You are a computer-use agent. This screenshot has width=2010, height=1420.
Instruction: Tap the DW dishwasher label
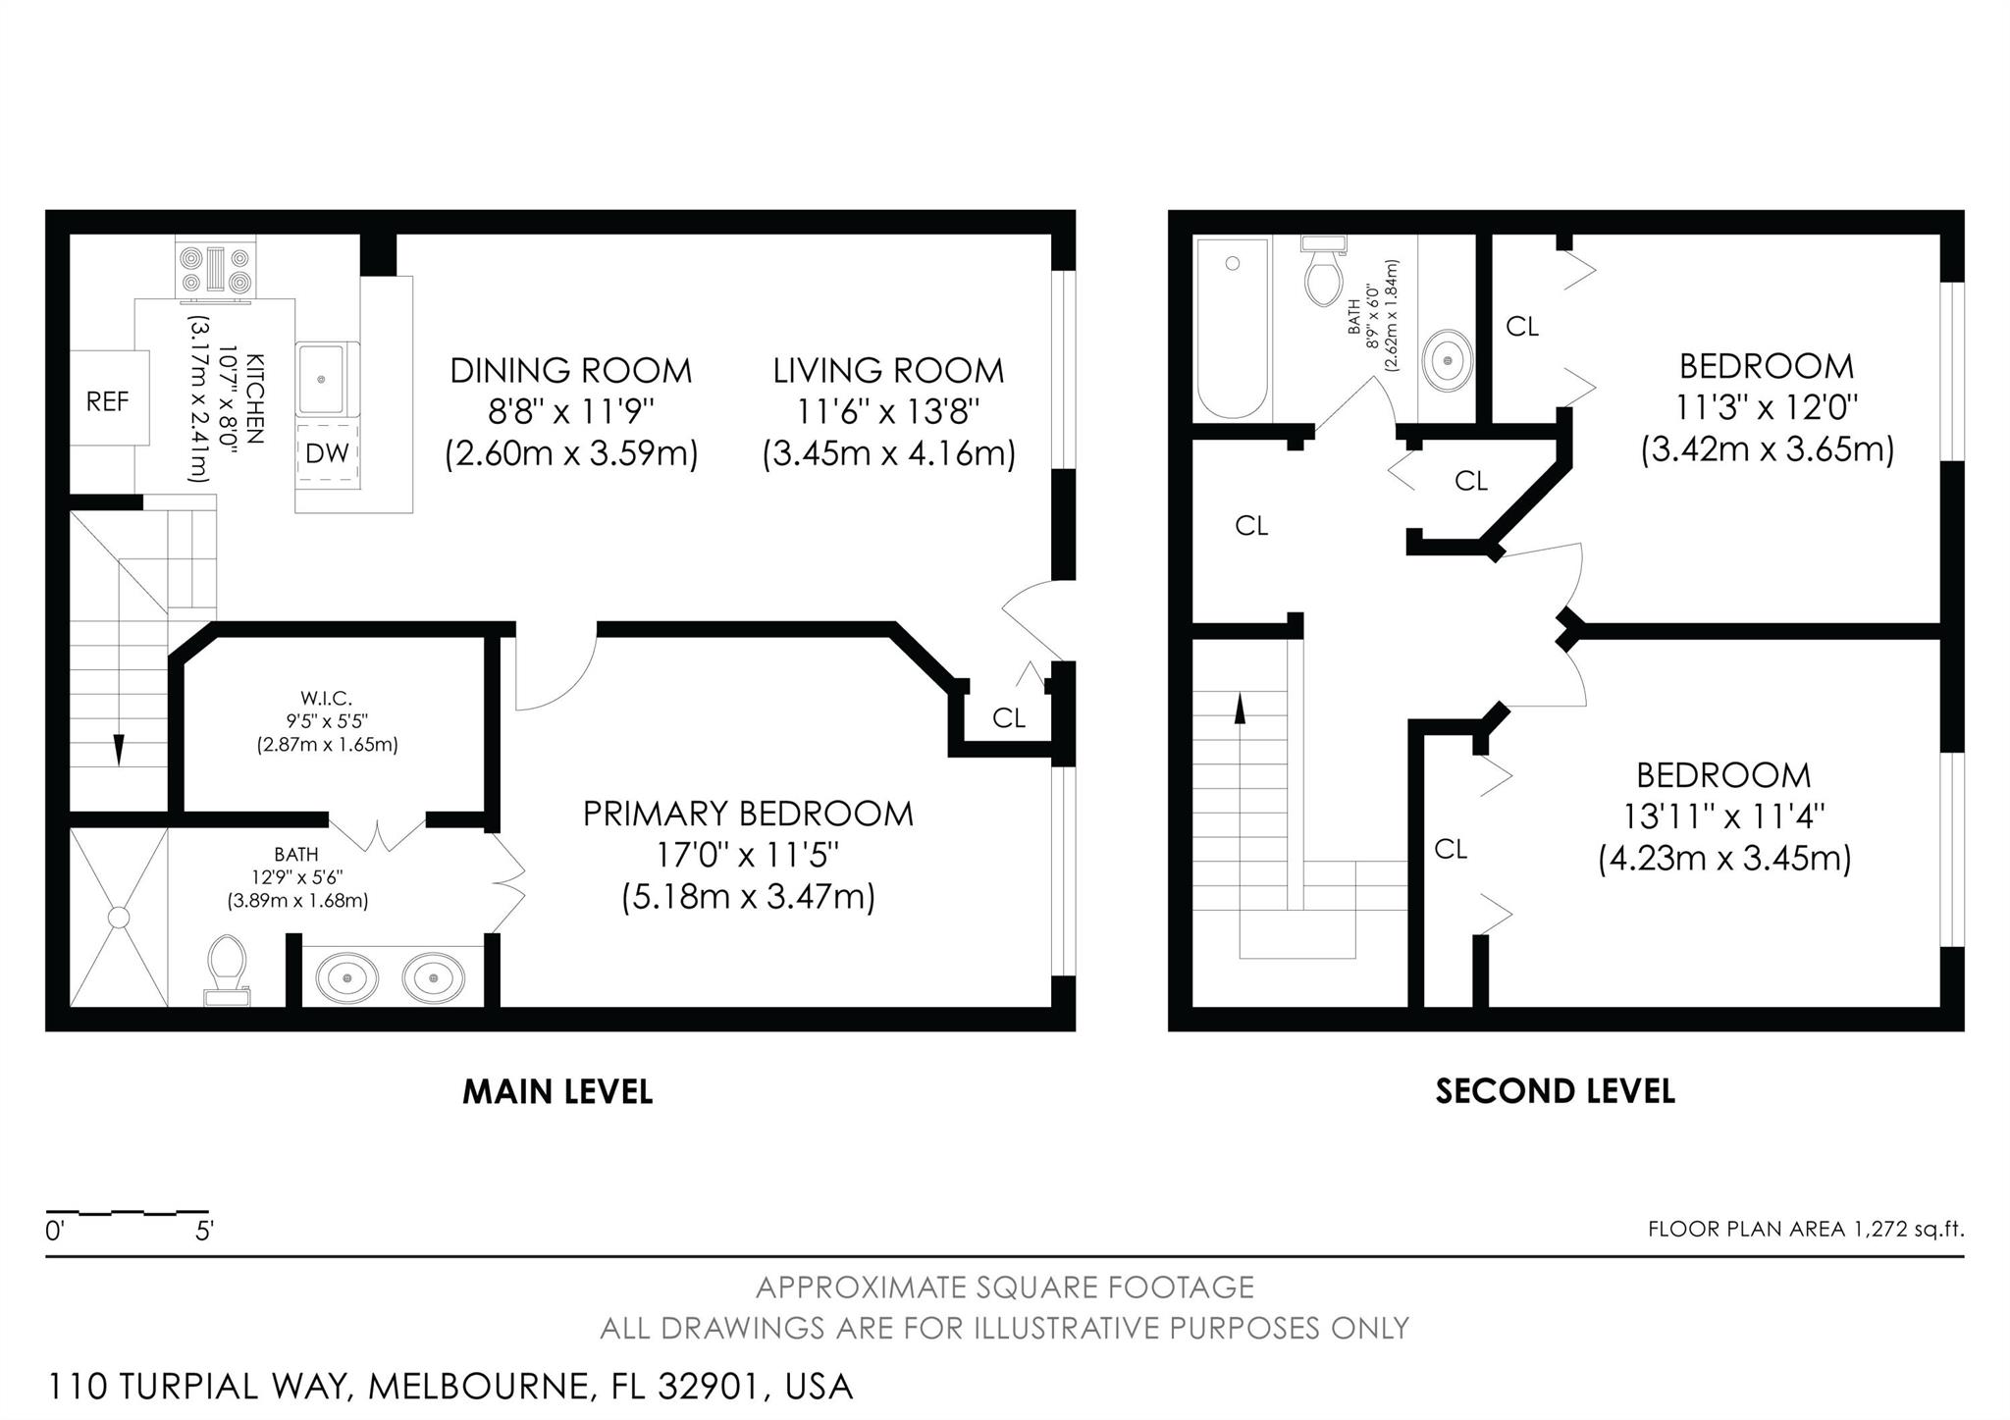327,452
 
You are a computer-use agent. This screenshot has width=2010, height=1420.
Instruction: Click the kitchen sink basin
321,378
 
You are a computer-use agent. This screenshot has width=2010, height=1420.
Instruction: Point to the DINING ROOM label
570,370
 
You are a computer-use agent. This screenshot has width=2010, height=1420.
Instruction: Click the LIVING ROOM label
888,370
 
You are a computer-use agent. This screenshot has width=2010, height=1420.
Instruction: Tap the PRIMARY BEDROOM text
748,814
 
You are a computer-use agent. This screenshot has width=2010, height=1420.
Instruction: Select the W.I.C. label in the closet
326,699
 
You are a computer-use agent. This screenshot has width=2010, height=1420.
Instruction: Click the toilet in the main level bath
227,967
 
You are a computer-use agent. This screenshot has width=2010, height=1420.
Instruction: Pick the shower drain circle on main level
119,918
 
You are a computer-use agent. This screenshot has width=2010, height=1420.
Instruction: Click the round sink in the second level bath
1448,361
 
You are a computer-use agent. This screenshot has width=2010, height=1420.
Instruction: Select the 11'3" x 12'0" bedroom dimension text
1767,407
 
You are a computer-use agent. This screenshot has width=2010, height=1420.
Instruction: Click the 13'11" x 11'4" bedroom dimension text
1723,816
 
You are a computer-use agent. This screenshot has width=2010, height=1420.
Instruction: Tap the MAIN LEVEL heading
557,1091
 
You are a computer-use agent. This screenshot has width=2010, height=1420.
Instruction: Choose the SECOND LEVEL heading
1555,1091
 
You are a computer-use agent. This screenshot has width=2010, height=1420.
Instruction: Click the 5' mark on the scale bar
204,1231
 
